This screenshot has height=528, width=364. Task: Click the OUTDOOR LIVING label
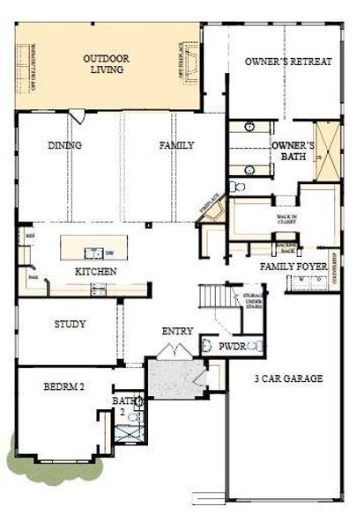[107, 65]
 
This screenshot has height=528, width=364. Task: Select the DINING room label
[65, 146]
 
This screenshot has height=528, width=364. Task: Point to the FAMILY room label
[176, 145]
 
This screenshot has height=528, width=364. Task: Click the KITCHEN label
[95, 272]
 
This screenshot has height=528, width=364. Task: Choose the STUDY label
[70, 324]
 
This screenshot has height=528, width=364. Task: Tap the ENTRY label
[177, 331]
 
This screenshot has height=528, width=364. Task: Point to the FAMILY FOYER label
[293, 265]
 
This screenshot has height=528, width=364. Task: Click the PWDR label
[232, 347]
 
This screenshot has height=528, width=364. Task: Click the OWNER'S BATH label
[293, 150]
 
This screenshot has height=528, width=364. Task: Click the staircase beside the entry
[212, 297]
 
